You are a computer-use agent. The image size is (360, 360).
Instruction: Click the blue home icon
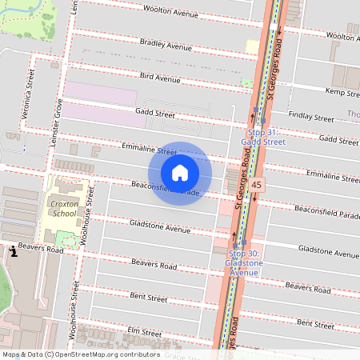tap(180, 173)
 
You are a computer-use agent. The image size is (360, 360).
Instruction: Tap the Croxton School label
tap(64, 209)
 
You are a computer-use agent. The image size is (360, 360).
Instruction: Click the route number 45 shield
tap(256, 185)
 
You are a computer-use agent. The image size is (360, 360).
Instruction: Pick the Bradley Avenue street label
tap(166, 45)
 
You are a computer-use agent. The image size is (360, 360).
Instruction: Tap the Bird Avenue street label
tap(159, 78)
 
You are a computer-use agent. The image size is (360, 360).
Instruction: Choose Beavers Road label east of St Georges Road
tap(308, 286)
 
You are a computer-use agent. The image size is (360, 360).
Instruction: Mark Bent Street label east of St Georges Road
tap(315, 324)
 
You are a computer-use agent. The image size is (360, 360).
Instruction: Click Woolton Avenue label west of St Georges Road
tap(170, 10)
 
